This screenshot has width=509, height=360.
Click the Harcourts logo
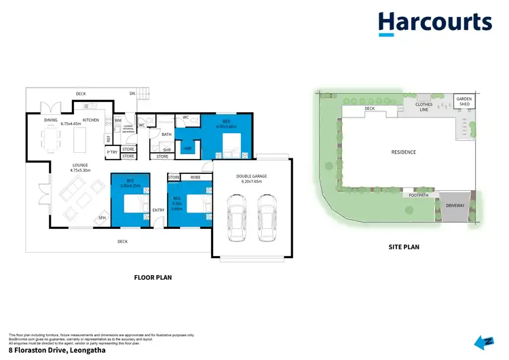[435, 24]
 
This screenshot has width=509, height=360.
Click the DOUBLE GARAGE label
[251, 176]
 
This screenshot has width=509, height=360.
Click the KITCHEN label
[91, 120]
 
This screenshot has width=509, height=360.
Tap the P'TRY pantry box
[111, 152]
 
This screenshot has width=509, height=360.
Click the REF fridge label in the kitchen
[108, 139]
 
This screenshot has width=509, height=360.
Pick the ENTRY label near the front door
[159, 210]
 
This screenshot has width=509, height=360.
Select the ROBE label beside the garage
[195, 177]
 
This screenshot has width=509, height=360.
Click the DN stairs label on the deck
[133, 94]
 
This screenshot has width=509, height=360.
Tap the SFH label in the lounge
[102, 217]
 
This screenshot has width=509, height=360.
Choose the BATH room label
[167, 134]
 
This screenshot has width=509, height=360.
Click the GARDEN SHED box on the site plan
[465, 101]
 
